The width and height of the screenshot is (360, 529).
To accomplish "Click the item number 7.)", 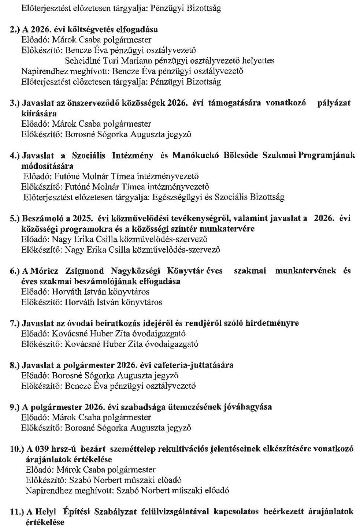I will tap(15, 323).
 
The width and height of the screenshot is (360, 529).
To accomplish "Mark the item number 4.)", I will tap(15, 155).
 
